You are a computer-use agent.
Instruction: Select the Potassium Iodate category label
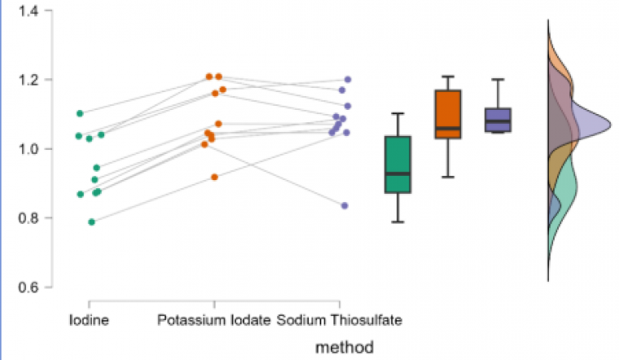click(213, 320)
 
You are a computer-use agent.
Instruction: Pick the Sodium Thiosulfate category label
click(340, 320)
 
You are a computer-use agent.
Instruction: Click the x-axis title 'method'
click(345, 347)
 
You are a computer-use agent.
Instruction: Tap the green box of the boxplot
click(398, 165)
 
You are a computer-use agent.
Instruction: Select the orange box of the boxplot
click(448, 114)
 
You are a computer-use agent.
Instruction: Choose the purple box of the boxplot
click(498, 119)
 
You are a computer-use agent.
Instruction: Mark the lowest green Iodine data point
click(92, 222)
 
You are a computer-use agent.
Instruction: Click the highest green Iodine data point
click(80, 113)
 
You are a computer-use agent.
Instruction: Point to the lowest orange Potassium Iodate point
click(215, 177)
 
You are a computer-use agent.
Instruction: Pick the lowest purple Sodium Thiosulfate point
click(345, 206)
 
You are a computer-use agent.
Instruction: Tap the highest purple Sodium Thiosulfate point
click(348, 80)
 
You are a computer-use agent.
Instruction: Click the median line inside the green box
click(398, 173)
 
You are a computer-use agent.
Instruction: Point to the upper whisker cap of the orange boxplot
click(448, 77)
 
